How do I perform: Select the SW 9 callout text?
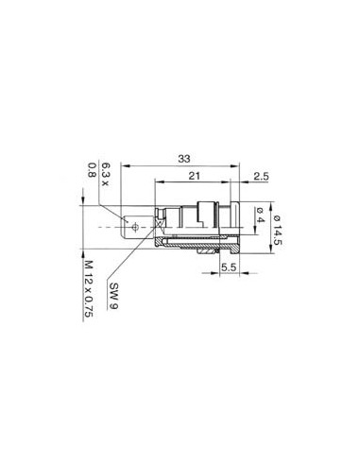coord(114,296)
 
